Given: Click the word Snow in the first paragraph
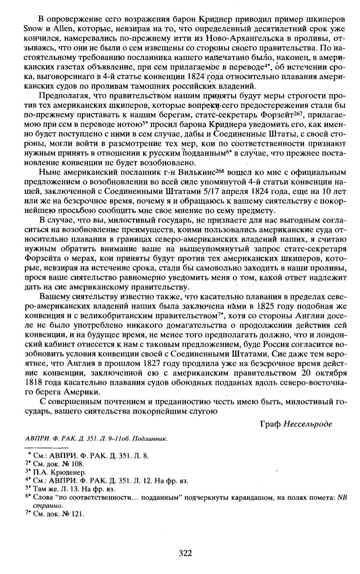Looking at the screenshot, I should [x=32, y=29].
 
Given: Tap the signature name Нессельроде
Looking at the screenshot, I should [x=308, y=423].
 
